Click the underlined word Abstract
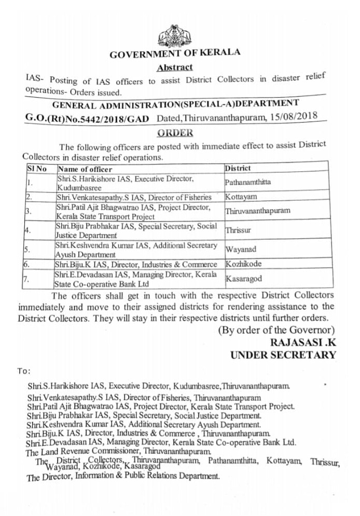[174, 67]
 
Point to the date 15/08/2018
[294, 115]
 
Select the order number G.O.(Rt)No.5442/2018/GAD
[87, 118]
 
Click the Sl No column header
[37, 169]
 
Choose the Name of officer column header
[85, 169]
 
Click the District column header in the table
[238, 168]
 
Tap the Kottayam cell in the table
[241, 197]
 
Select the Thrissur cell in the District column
[238, 229]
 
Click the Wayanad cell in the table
[240, 248]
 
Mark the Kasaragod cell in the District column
[244, 279]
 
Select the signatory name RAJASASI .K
[303, 343]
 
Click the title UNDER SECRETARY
[283, 356]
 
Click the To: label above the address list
[24, 371]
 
